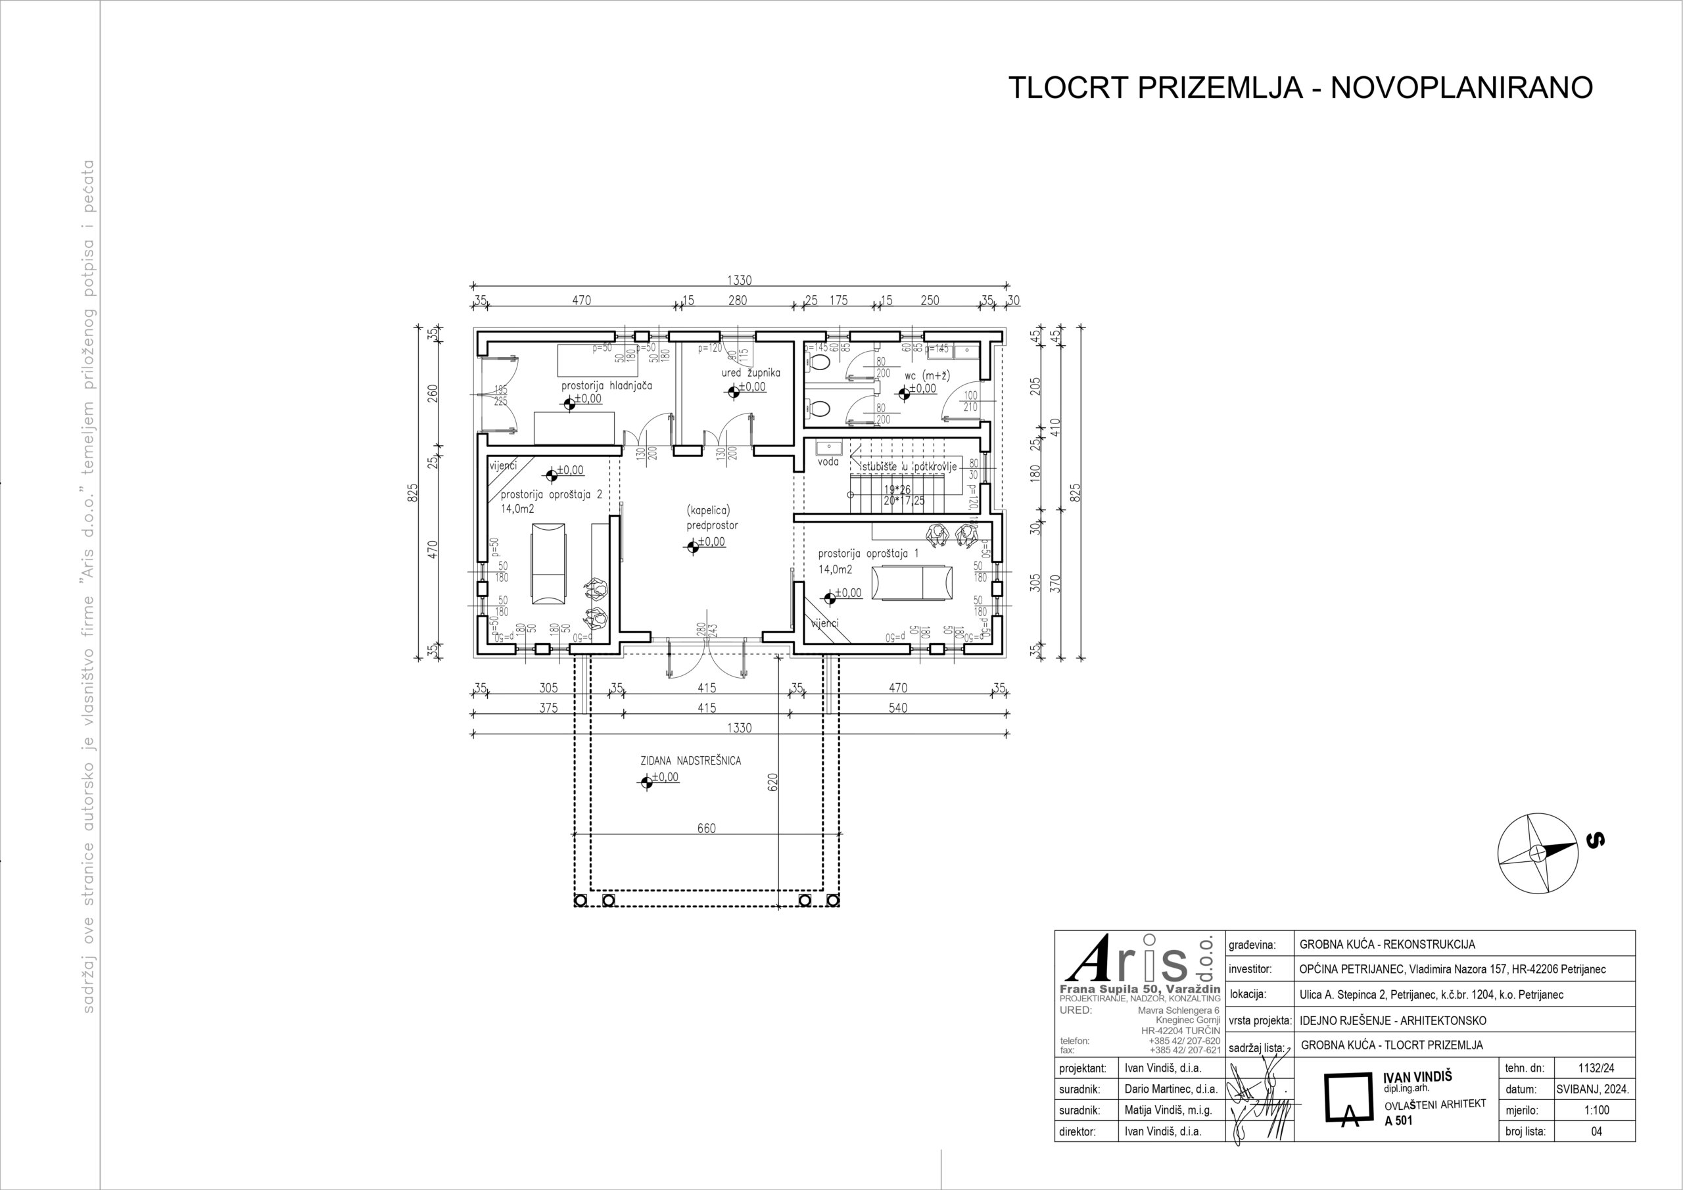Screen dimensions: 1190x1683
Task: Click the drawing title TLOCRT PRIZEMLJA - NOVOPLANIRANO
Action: click(x=1300, y=87)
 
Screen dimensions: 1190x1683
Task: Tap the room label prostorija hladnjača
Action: click(x=606, y=385)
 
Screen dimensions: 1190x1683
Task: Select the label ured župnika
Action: click(x=751, y=373)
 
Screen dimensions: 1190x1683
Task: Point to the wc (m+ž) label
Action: click(x=927, y=375)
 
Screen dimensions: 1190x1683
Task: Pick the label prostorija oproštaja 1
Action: click(x=868, y=554)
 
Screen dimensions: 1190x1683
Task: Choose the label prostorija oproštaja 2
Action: click(x=551, y=494)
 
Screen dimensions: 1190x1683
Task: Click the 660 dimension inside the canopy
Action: click(x=706, y=828)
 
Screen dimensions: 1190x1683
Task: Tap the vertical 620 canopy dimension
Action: click(x=772, y=782)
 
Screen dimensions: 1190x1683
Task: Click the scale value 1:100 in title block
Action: click(x=1596, y=1110)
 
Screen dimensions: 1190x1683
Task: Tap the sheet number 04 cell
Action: click(x=1596, y=1131)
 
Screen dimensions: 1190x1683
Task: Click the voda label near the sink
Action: click(x=828, y=462)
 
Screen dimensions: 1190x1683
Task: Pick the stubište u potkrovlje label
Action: click(x=909, y=466)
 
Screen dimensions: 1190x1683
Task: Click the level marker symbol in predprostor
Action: click(x=692, y=546)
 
